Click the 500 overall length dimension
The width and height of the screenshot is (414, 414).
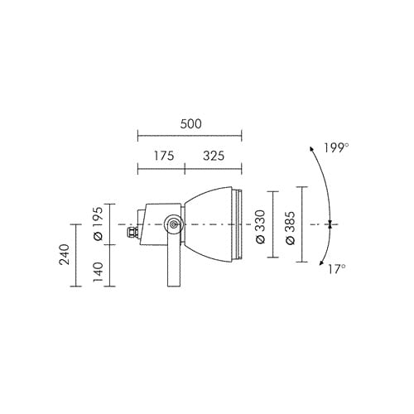(x=191, y=124)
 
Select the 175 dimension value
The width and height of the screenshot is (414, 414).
(x=164, y=156)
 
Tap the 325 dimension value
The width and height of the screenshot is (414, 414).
(x=214, y=156)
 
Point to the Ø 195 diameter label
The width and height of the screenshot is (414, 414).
(x=98, y=224)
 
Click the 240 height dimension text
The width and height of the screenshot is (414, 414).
(x=65, y=254)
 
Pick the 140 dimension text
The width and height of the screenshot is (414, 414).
(x=98, y=272)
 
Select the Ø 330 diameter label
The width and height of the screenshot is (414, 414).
(x=260, y=227)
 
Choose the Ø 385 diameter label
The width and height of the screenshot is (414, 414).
(x=290, y=229)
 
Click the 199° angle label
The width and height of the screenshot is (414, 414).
(x=336, y=148)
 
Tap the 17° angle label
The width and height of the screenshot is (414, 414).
(x=337, y=269)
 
